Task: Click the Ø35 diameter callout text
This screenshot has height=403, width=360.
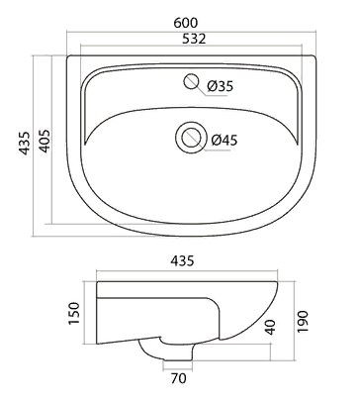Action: pyautogui.click(x=221, y=87)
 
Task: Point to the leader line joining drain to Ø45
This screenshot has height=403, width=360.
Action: pyautogui.click(x=206, y=139)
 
